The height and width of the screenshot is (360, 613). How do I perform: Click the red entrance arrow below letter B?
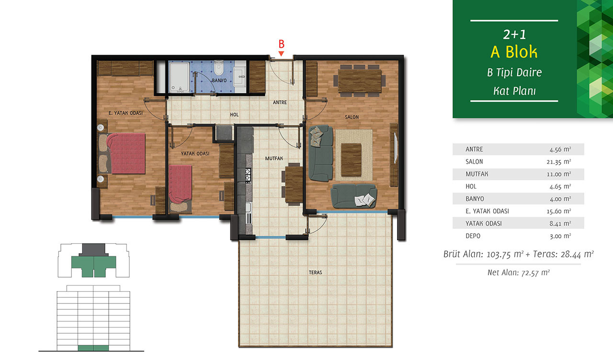(281, 54)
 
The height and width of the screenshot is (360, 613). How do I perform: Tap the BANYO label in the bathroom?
(219, 80)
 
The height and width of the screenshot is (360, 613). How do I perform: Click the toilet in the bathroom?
(219, 68)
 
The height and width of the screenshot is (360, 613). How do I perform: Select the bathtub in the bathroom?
(179, 78)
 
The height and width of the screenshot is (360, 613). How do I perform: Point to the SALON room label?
(352, 117)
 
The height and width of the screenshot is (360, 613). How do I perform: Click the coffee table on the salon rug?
(351, 160)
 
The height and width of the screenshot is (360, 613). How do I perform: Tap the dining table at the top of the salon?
(360, 81)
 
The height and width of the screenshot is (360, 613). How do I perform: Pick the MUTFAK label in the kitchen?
(274, 158)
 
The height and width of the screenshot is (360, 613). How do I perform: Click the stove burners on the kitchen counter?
(248, 175)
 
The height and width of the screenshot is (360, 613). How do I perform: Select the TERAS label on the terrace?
(315, 272)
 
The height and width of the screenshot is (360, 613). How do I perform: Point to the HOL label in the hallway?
(234, 114)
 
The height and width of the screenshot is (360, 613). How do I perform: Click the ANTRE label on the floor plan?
(280, 102)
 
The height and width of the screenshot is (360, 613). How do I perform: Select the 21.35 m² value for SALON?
(559, 162)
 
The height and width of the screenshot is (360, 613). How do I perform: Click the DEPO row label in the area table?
(473, 236)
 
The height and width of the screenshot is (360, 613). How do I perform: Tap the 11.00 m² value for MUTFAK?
(559, 174)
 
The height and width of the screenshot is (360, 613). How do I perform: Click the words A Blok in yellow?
(514, 52)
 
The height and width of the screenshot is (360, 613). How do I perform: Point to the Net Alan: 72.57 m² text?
(519, 272)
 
